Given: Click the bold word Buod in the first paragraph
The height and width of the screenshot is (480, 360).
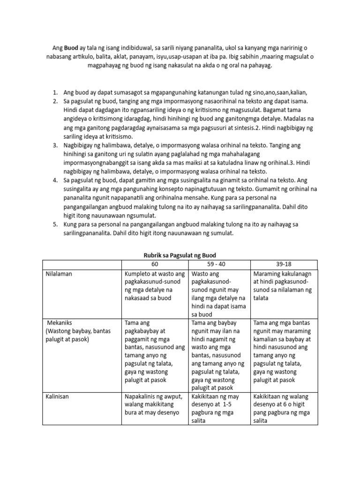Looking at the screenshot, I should (72, 49).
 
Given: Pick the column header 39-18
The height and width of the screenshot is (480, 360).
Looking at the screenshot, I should (284, 264).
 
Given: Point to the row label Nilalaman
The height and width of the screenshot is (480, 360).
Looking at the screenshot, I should (59, 274).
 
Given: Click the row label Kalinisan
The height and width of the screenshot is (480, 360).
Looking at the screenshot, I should (58, 397).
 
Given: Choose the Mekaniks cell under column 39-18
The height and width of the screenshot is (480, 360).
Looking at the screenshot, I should (284, 352).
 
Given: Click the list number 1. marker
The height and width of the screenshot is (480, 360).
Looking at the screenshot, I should (55, 92).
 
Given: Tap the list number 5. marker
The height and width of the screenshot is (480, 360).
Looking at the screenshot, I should (55, 225).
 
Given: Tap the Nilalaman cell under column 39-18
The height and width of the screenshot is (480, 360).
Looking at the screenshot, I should (284, 285).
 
